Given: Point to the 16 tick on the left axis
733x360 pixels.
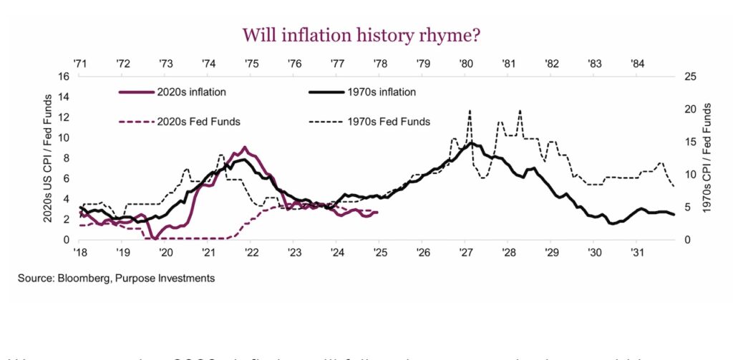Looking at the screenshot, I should pos(64,77).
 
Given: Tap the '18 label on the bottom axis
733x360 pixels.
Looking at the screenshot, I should pos(80,253).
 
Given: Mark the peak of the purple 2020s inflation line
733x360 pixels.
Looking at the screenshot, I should pos(246,147).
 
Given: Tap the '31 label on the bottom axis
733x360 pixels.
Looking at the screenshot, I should pos(636,253).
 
